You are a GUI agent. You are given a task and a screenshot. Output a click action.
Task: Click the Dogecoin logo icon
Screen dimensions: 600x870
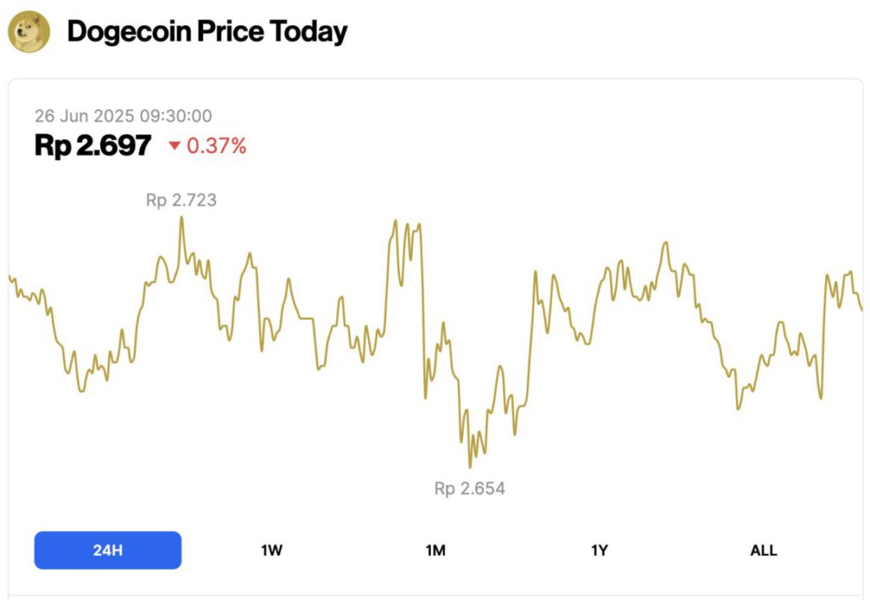pyautogui.click(x=29, y=32)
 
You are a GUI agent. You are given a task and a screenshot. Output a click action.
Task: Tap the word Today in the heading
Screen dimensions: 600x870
pyautogui.click(x=308, y=32)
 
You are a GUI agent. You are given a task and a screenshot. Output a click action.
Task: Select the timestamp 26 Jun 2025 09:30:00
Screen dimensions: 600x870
pyautogui.click(x=123, y=116)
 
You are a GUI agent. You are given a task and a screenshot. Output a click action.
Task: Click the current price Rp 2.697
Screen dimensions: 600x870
pyautogui.click(x=93, y=146)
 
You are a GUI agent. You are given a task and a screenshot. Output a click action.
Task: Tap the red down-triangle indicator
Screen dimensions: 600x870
pyautogui.click(x=174, y=146)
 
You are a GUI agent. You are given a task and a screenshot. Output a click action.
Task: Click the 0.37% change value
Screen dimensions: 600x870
pyautogui.click(x=217, y=146)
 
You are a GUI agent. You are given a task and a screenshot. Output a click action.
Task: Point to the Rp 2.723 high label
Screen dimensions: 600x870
pyautogui.click(x=181, y=201)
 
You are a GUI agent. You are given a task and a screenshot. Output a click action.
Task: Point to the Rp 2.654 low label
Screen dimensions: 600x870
pyautogui.click(x=470, y=489)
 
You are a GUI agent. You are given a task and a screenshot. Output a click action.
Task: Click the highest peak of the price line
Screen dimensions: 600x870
pyautogui.click(x=181, y=218)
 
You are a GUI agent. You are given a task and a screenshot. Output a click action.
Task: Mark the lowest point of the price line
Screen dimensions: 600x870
pyautogui.click(x=470, y=467)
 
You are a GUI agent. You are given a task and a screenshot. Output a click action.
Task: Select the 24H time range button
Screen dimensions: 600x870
pyautogui.click(x=108, y=550)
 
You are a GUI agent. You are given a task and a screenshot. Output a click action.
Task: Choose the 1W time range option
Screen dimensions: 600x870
pyautogui.click(x=272, y=550)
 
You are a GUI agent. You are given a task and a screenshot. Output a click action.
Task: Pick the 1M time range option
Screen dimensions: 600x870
pyautogui.click(x=436, y=550)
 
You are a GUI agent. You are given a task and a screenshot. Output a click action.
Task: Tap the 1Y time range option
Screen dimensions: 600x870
pyautogui.click(x=600, y=550)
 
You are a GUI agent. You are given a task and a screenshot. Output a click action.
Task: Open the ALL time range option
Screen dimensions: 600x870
pyautogui.click(x=763, y=550)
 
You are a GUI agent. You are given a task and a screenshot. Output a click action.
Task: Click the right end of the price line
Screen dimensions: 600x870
pyautogui.click(x=862, y=309)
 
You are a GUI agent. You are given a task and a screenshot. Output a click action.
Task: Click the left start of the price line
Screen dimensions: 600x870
pyautogui.click(x=9, y=276)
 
